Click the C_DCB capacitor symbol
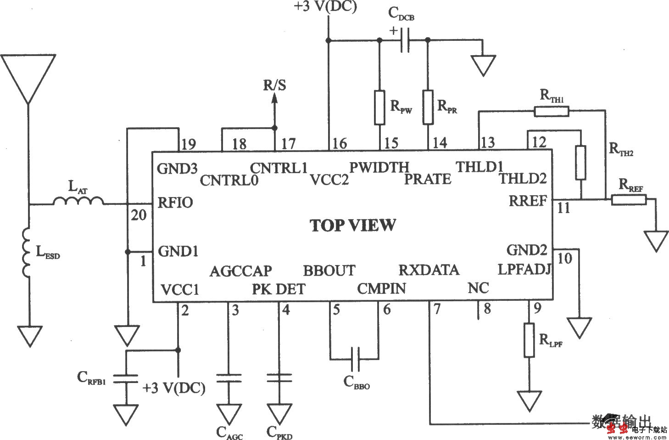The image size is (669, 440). (x=404, y=40)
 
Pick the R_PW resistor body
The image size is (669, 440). (x=379, y=107)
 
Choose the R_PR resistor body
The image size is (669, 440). (x=428, y=107)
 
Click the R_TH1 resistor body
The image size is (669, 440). (x=551, y=111)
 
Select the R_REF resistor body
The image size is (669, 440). (x=629, y=199)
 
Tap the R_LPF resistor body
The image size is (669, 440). (x=530, y=340)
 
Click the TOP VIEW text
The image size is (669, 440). (x=352, y=225)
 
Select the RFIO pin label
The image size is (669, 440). (x=175, y=202)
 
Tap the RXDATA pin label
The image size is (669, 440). (x=429, y=270)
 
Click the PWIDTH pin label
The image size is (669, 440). (x=379, y=167)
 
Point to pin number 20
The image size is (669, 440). (x=139, y=214)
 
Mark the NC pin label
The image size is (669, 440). (x=478, y=288)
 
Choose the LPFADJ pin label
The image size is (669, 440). (x=524, y=269)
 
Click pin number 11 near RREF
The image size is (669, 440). (x=563, y=208)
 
